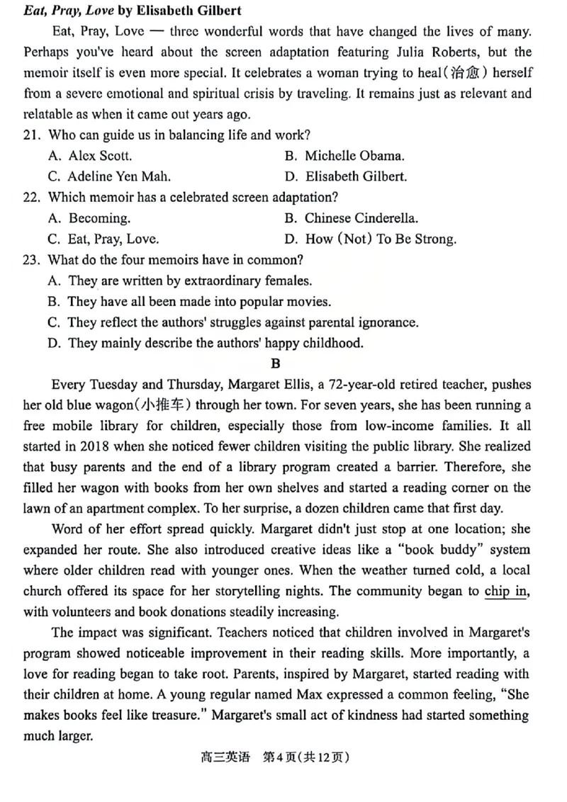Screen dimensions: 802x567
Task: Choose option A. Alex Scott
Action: coord(90,156)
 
